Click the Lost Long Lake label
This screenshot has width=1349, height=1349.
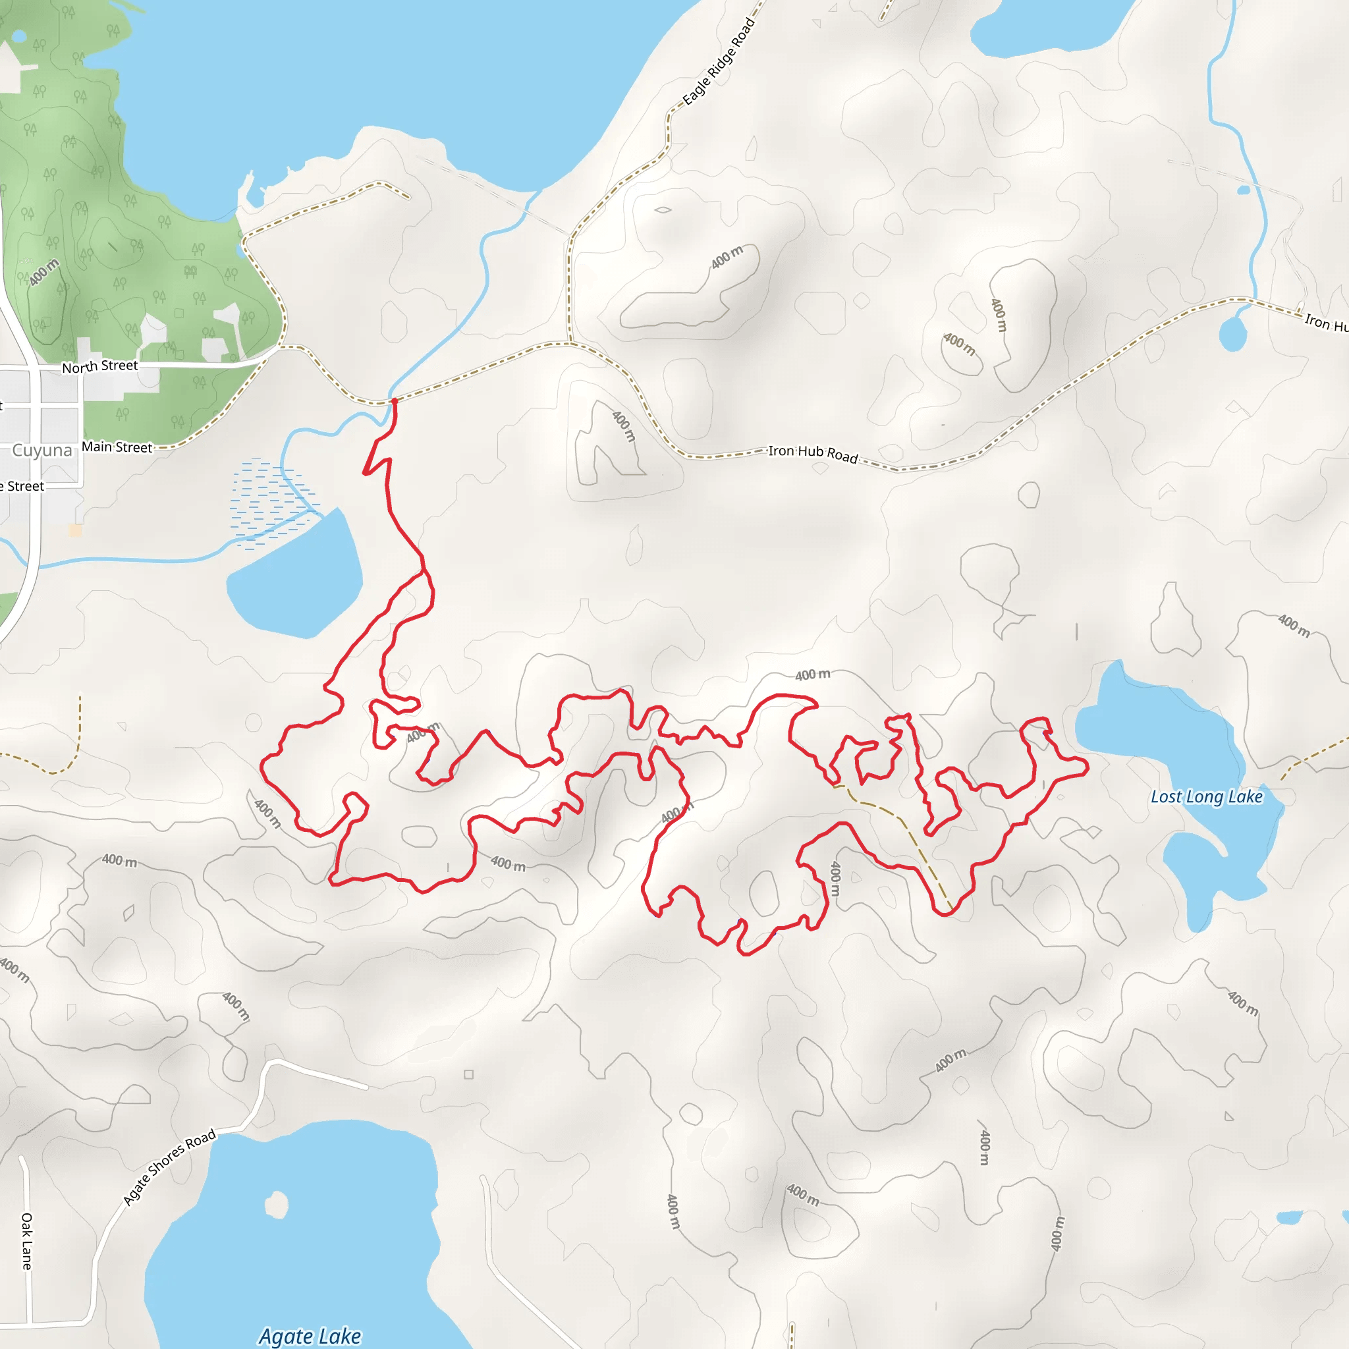1207,797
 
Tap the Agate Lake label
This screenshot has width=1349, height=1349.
310,1336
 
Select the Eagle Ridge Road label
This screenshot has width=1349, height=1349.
719,61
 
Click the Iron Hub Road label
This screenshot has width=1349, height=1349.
813,453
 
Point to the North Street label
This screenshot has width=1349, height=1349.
100,366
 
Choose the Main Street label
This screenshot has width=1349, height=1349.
117,447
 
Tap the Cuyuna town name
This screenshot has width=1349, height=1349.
42,451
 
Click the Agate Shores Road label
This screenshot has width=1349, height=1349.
169,1167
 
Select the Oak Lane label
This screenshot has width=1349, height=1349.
26,1241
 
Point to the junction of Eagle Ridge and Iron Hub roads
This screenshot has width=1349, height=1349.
570,343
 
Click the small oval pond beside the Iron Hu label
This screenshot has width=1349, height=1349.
1232,334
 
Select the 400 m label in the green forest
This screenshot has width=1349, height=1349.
43,272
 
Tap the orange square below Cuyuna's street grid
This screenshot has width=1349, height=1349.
75,531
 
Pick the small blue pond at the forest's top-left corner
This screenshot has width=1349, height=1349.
20,36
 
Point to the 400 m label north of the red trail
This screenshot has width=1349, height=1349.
813,674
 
